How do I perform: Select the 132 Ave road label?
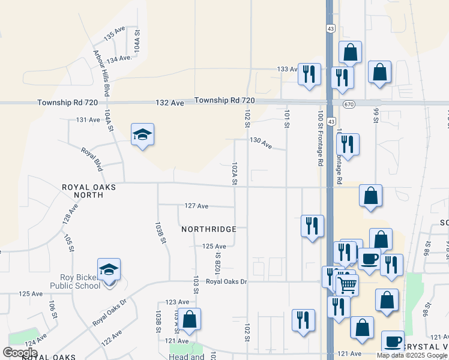pyautogui.click(x=169, y=103)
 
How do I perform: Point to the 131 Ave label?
pyautogui.click(x=88, y=120)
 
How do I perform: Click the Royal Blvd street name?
pyautogui.click(x=90, y=157)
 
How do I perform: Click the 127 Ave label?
pyautogui.click(x=196, y=206)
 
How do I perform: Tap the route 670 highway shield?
pyautogui.click(x=349, y=104)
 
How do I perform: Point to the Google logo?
pyautogui.click(x=20, y=353)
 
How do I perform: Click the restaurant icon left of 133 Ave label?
pyautogui.click(x=309, y=74)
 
